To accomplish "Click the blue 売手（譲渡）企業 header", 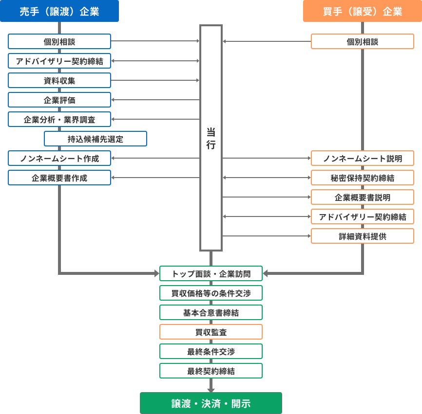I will click(59, 12).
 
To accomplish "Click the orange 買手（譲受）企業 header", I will click(363, 12).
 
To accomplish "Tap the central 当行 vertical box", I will click(211, 138).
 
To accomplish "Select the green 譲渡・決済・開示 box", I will click(211, 403).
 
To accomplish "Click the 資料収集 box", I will click(59, 80).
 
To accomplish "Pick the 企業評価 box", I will click(59, 100).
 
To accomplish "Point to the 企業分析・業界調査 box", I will click(59, 119).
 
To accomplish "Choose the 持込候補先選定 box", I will click(96, 139).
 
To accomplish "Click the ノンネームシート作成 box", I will click(59, 158).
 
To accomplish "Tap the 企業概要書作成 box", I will click(59, 178).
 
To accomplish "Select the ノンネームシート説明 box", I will click(363, 158).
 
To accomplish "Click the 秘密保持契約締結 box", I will click(363, 178).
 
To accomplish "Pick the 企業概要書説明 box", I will click(363, 197).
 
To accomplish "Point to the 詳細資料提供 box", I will click(363, 236).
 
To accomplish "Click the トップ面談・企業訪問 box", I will click(211, 273).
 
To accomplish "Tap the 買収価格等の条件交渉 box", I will click(211, 293).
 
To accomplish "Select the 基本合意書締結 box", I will click(211, 312).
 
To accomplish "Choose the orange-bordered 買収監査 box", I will click(211, 332).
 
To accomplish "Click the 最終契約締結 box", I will click(211, 371).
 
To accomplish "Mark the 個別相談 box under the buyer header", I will click(363, 41).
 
